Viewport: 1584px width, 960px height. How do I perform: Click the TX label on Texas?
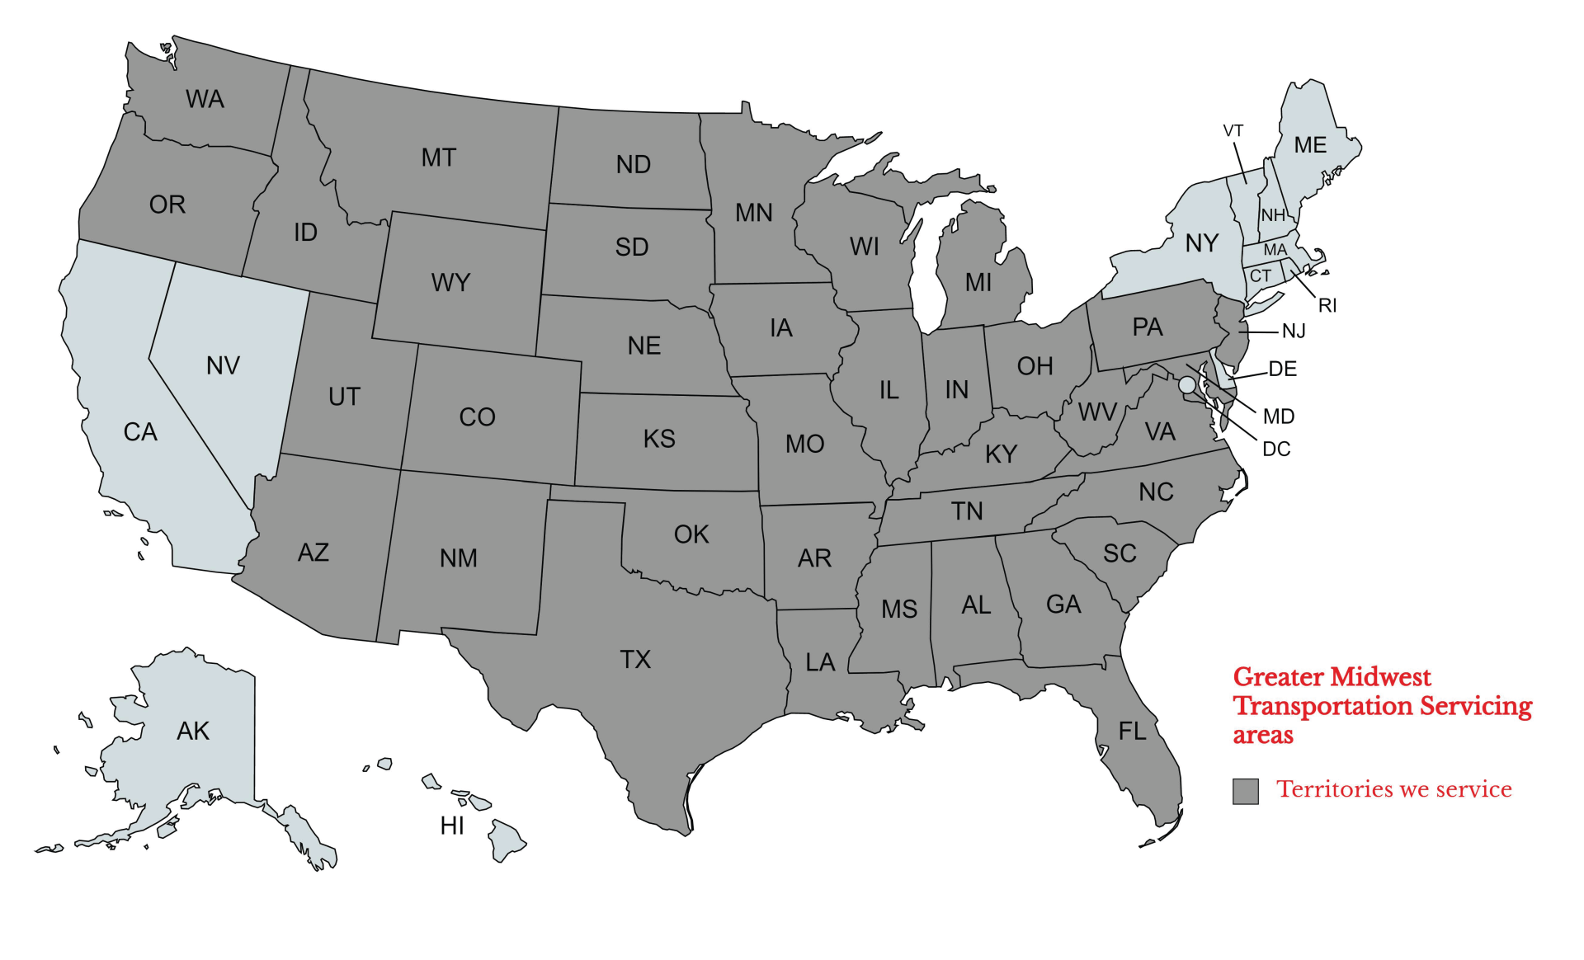(635, 660)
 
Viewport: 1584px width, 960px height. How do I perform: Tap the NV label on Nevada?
(223, 365)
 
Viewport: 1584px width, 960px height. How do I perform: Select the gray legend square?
(1245, 791)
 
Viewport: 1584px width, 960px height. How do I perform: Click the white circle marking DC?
(1186, 385)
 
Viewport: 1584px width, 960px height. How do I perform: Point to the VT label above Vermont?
(1233, 131)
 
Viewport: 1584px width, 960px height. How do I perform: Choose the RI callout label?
(1327, 306)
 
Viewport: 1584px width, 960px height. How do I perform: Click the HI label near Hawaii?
(452, 826)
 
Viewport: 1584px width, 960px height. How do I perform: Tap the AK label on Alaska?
(193, 731)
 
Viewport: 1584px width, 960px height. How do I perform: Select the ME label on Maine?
(1310, 145)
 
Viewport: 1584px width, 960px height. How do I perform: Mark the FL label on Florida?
(1132, 731)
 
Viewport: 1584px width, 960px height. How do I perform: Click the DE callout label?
(1282, 369)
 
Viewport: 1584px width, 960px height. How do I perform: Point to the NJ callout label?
(1293, 332)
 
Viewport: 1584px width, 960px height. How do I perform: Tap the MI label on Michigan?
(978, 283)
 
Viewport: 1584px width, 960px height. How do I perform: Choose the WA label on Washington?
(205, 99)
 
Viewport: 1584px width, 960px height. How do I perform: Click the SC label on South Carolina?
(1120, 553)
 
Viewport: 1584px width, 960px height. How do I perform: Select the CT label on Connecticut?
(1260, 276)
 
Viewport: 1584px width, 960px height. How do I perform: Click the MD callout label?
(1278, 416)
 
